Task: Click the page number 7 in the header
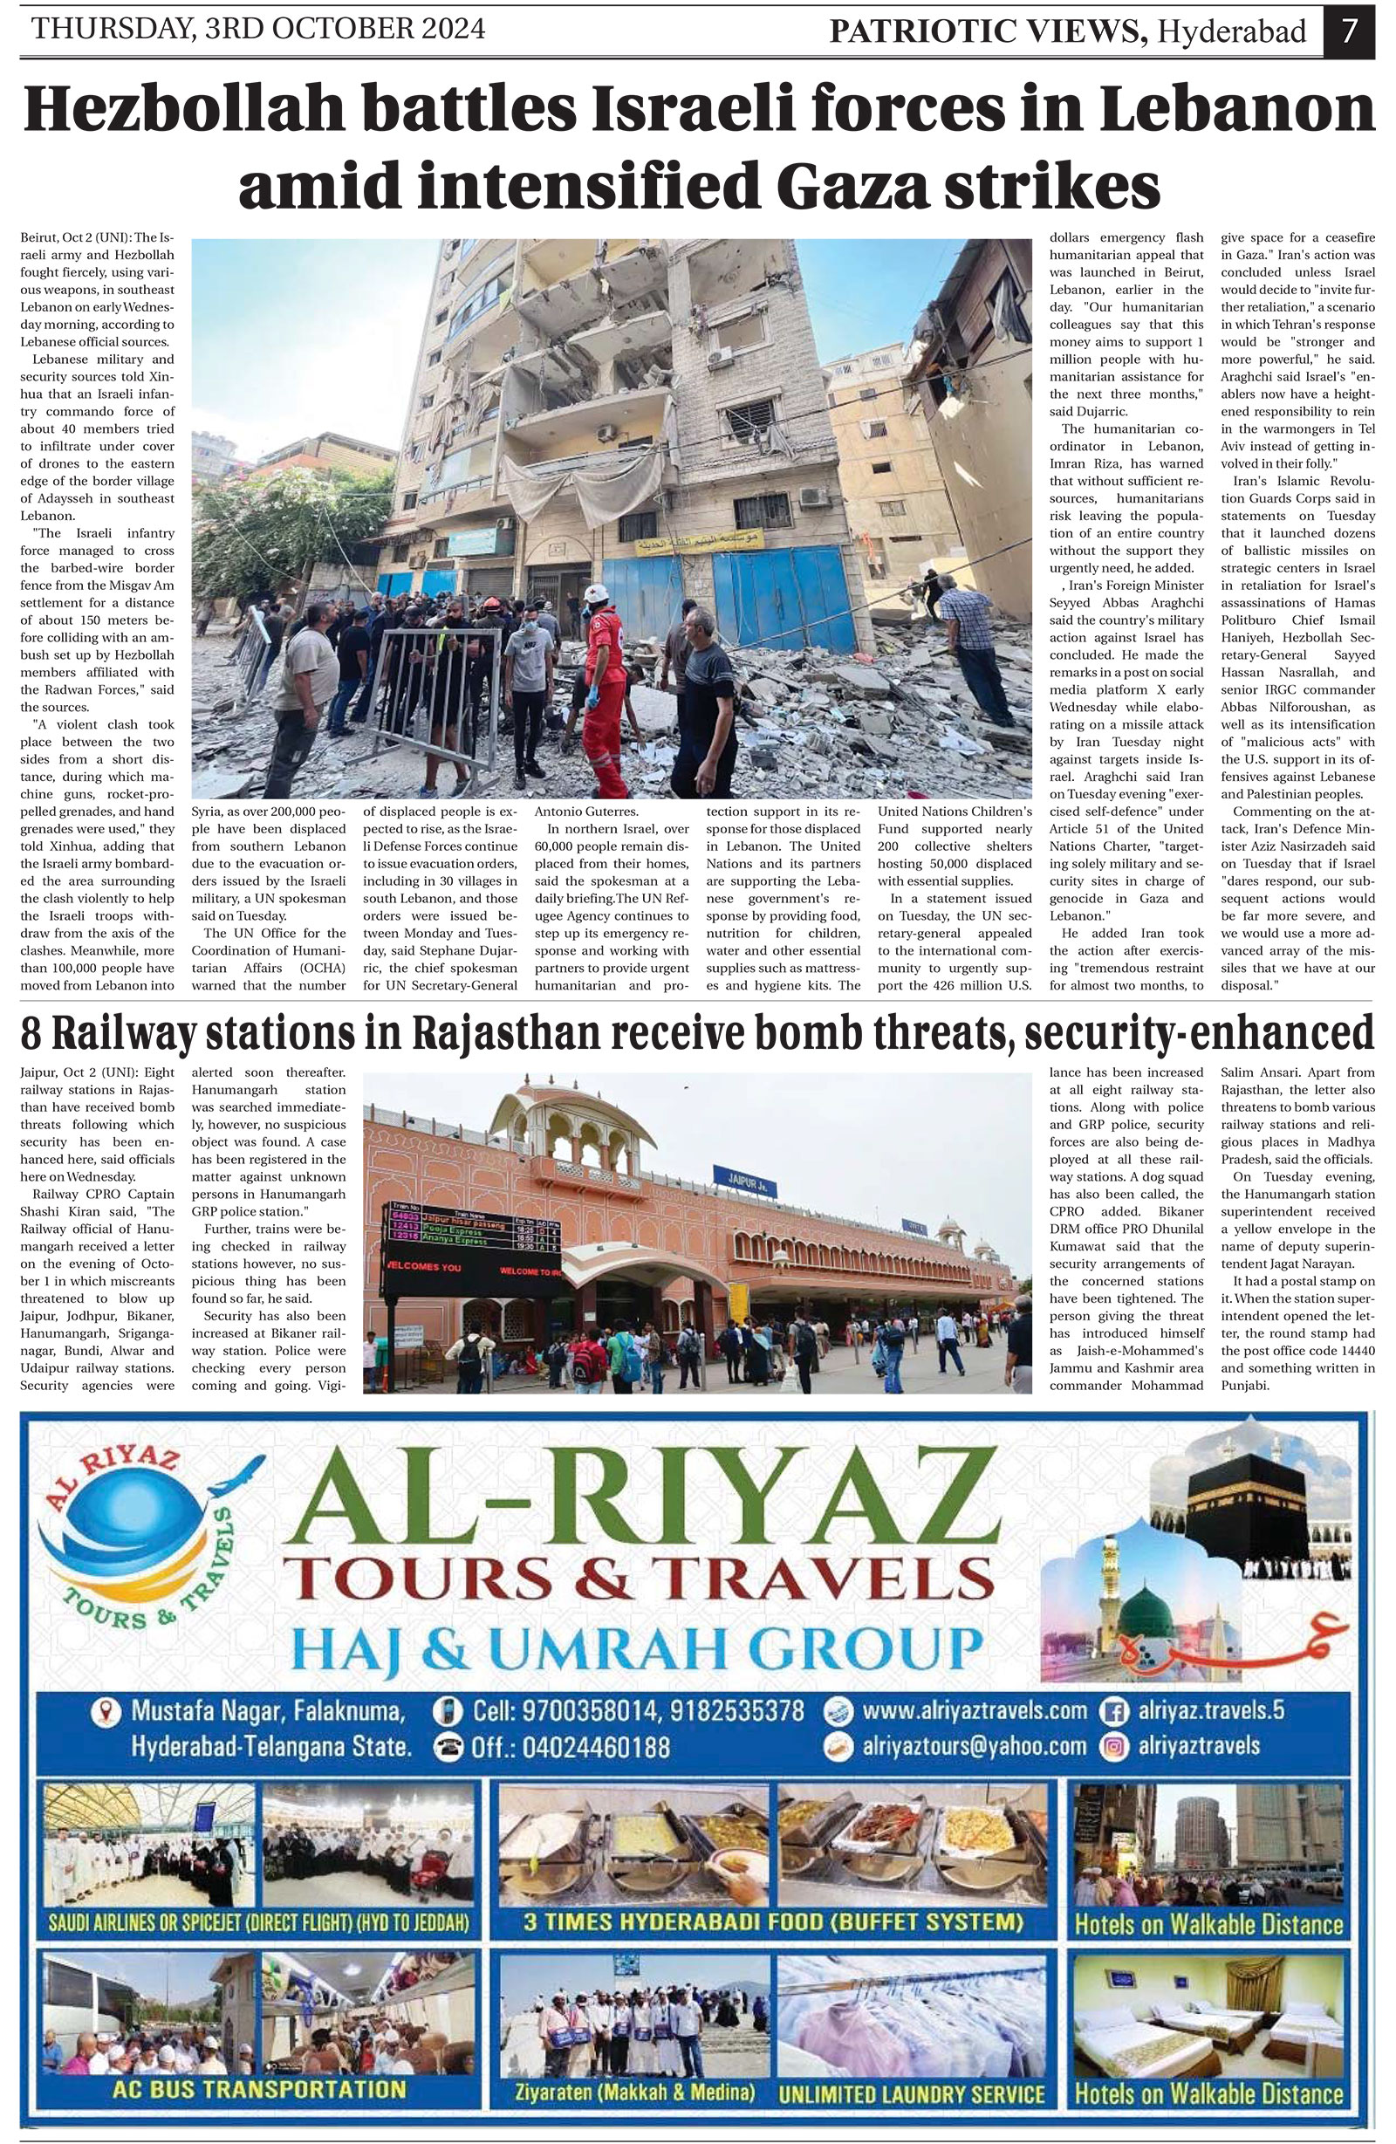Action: pyautogui.click(x=1348, y=31)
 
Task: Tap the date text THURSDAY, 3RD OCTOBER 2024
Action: pyautogui.click(x=258, y=29)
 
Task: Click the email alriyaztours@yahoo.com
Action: pyautogui.click(x=974, y=1746)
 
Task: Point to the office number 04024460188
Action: pyautogui.click(x=571, y=1748)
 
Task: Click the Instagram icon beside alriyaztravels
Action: pyautogui.click(x=1116, y=1746)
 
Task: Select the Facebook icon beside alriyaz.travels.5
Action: pyautogui.click(x=1116, y=1709)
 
